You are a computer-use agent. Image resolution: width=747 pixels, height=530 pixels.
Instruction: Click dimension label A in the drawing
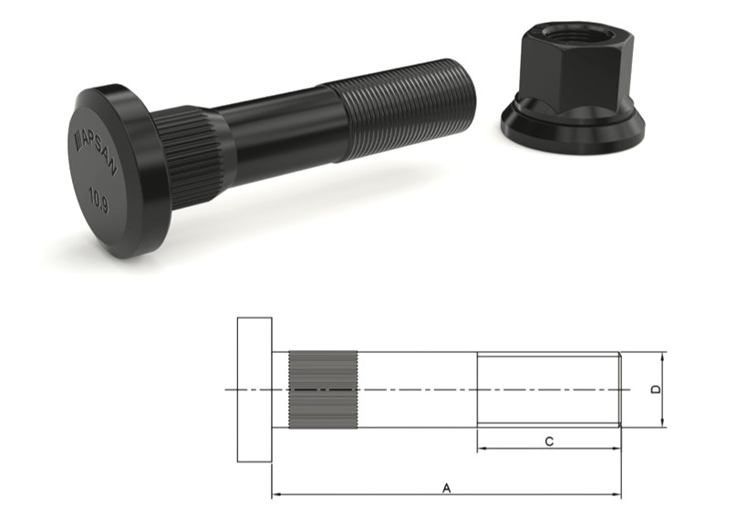coord(446,488)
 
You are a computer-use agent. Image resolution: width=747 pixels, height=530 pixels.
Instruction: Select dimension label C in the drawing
coord(548,442)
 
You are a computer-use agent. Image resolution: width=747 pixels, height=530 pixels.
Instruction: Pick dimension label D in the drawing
coord(656,390)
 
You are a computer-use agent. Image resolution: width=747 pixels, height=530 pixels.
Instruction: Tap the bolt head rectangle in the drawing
coord(254,390)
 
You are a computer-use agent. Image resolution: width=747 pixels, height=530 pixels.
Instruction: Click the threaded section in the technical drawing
coord(548,390)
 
